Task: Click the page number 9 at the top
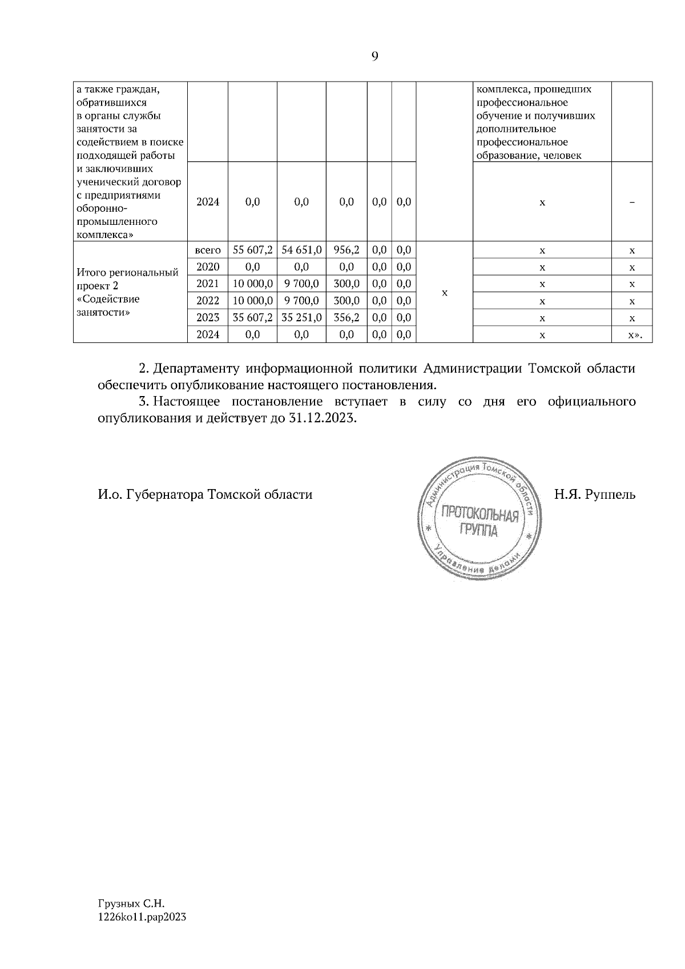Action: (x=374, y=56)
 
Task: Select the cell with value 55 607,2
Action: (x=252, y=250)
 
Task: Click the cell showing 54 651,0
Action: (x=301, y=250)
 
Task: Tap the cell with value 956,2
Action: (x=346, y=250)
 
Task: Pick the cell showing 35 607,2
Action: (x=252, y=317)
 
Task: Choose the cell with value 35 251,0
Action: (x=301, y=317)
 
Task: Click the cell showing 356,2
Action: (x=346, y=317)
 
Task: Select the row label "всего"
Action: (x=208, y=250)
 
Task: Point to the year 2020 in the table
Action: (x=208, y=267)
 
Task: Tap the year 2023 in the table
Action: (x=208, y=317)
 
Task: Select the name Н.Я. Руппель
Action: (x=594, y=494)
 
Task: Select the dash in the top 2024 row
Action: (x=631, y=202)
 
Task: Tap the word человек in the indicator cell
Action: (x=563, y=155)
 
